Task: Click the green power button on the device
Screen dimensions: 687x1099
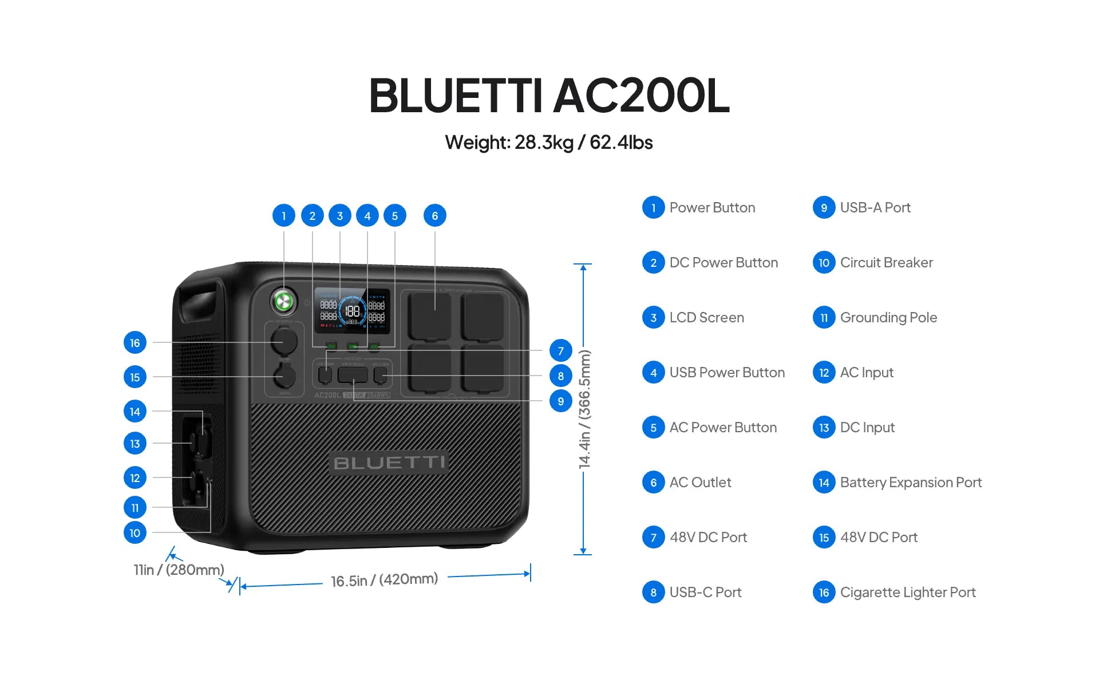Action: [283, 301]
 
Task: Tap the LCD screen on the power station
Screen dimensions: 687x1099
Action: [352, 311]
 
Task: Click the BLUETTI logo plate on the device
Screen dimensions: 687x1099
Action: [389, 463]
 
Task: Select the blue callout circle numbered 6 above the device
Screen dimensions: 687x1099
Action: [434, 216]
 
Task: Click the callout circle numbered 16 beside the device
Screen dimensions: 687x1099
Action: [135, 343]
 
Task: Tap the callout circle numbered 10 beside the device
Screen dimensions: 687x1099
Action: [135, 533]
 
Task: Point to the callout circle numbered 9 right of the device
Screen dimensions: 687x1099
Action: [560, 401]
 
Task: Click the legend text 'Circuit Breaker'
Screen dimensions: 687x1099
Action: [886, 263]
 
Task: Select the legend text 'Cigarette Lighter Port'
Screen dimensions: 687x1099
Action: [907, 593]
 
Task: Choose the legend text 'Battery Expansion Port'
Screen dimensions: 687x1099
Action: [910, 483]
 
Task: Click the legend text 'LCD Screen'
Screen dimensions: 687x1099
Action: [706, 318]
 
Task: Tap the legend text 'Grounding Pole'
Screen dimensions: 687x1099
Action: [888, 318]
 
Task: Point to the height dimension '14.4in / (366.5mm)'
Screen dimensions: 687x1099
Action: [584, 409]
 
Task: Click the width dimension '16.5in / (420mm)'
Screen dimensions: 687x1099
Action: [384, 580]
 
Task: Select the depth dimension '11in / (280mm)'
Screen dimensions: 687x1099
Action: [179, 570]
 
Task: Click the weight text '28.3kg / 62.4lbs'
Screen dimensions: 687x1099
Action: [583, 143]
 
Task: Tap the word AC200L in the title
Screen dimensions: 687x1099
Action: [641, 96]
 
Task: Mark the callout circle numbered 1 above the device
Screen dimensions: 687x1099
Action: [283, 216]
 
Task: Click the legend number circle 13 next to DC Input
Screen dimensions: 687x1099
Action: [824, 428]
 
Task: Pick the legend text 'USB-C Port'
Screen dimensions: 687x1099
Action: [705, 593]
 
